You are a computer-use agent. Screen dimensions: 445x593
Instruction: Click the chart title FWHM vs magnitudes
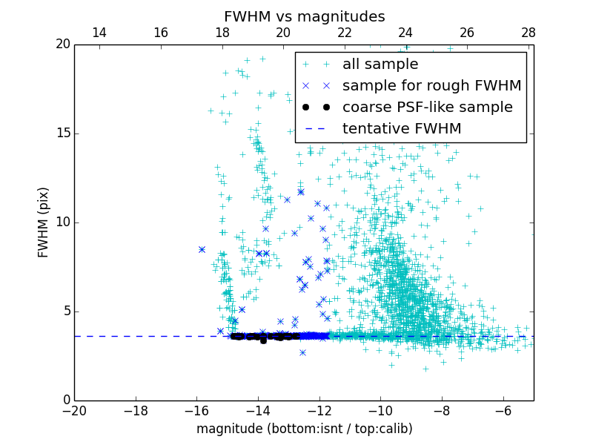pyautogui.click(x=304, y=16)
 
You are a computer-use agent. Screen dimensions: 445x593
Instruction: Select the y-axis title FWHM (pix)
pyautogui.click(x=44, y=222)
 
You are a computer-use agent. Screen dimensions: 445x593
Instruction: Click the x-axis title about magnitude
pyautogui.click(x=304, y=429)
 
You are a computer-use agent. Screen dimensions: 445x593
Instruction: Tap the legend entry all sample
pyautogui.click(x=380, y=65)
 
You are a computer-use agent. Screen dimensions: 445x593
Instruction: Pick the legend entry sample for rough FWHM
pyautogui.click(x=431, y=86)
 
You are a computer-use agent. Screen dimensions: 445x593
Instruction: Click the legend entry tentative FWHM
pyautogui.click(x=402, y=129)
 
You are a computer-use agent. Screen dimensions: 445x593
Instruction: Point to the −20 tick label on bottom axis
pyautogui.click(x=74, y=411)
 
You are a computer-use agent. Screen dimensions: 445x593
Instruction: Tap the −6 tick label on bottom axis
pyautogui.click(x=503, y=411)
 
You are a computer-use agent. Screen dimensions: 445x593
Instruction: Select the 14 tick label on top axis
pyautogui.click(x=99, y=33)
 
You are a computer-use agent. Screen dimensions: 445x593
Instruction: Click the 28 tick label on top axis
pyautogui.click(x=528, y=33)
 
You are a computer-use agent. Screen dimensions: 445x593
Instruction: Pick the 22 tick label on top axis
pyautogui.click(x=344, y=33)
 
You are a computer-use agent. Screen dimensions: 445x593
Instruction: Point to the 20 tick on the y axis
pyautogui.click(x=62, y=44)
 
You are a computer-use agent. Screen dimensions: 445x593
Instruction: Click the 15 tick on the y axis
pyautogui.click(x=62, y=133)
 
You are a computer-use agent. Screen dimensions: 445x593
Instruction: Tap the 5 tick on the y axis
pyautogui.click(x=65, y=311)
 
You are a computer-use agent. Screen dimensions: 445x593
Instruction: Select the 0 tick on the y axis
pyautogui.click(x=65, y=400)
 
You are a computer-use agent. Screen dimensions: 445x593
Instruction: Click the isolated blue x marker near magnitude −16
pyautogui.click(x=202, y=250)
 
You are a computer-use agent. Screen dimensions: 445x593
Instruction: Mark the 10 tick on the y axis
pyautogui.click(x=62, y=222)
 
